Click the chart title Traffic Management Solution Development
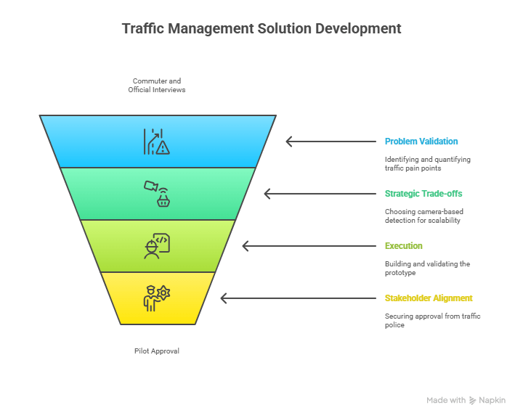click(261, 29)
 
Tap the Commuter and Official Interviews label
click(157, 85)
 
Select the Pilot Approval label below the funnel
click(157, 351)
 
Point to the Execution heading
click(403, 246)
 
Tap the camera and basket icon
click(157, 194)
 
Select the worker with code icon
click(157, 246)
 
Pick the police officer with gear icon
click(157, 298)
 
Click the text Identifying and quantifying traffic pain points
click(427, 163)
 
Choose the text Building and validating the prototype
click(427, 268)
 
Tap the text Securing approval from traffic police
click(432, 320)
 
